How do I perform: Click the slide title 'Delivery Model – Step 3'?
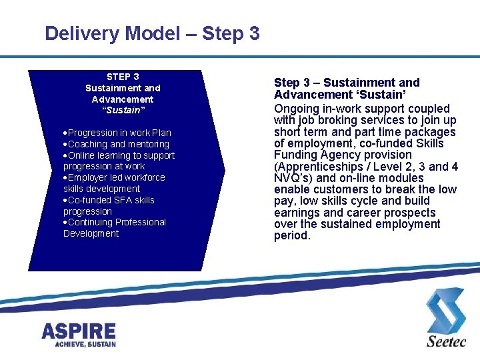(x=152, y=33)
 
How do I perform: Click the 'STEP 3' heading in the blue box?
(x=123, y=77)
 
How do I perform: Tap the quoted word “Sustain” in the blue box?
(x=123, y=111)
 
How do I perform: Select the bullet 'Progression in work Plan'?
(x=119, y=133)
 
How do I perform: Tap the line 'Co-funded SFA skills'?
(x=111, y=200)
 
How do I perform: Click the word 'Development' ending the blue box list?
(x=91, y=233)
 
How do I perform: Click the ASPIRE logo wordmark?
(x=79, y=331)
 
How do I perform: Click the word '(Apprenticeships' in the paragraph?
(x=317, y=167)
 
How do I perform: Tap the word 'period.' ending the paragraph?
(x=292, y=235)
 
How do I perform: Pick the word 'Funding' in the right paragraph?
(x=297, y=155)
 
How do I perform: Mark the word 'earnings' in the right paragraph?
(x=297, y=213)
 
